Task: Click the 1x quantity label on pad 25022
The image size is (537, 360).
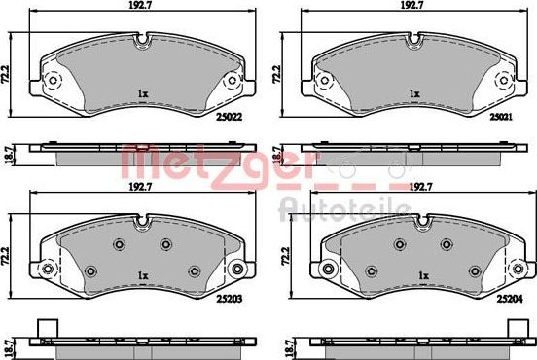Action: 142,94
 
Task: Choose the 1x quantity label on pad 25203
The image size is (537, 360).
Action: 142,273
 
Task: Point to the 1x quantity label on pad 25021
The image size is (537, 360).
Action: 415,94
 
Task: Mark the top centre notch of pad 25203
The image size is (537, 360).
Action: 142,220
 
